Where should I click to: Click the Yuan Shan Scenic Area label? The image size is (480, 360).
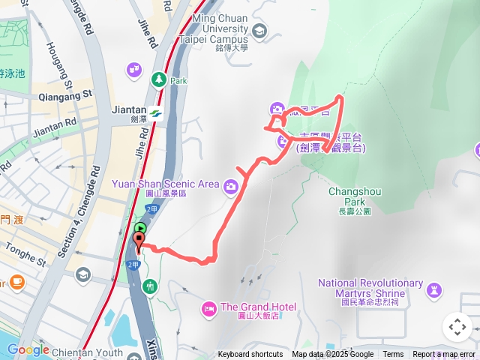pyautogui.click(x=165, y=184)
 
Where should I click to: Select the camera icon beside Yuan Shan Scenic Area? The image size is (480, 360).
pyautogui.click(x=232, y=185)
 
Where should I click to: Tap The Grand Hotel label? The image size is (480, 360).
pyautogui.click(x=258, y=307)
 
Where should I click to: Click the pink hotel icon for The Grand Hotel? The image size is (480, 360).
pyautogui.click(x=208, y=307)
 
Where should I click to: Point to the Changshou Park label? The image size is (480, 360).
pyautogui.click(x=355, y=196)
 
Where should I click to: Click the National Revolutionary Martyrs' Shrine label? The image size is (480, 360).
pyautogui.click(x=370, y=288)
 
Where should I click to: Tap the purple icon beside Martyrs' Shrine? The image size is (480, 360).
pyautogui.click(x=434, y=289)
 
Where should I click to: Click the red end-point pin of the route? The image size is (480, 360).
pyautogui.click(x=139, y=242)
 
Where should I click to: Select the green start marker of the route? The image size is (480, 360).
pyautogui.click(x=139, y=228)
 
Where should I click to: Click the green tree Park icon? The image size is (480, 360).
pyautogui.click(x=158, y=79)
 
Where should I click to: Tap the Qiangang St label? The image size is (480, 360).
pyautogui.click(x=65, y=94)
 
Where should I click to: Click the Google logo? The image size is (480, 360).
pyautogui.click(x=28, y=349)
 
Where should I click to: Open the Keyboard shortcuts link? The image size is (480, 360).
pyautogui.click(x=250, y=355)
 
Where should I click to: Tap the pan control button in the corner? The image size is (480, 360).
pyautogui.click(x=457, y=327)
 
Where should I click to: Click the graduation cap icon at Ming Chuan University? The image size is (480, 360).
pyautogui.click(x=259, y=31)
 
